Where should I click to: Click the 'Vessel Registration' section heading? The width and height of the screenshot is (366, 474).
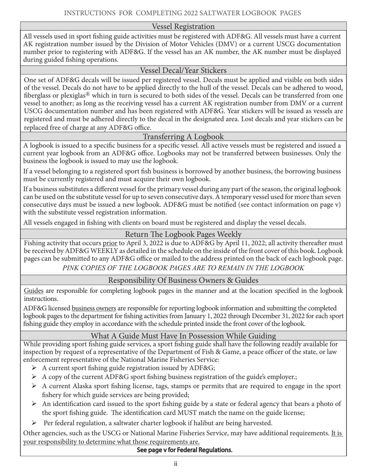[183, 27]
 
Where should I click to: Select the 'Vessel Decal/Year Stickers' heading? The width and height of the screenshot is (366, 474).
[183, 70]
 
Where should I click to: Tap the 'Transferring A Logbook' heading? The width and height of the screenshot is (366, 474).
[183, 137]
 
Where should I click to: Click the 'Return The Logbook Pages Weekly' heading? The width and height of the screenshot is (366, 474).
[183, 234]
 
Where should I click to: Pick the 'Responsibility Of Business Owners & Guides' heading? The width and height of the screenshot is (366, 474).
[183, 280]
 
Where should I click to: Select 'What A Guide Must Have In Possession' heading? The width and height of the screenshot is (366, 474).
[183, 336]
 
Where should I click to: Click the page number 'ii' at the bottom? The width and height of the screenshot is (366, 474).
[175, 464]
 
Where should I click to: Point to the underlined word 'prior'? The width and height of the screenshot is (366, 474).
[109, 243]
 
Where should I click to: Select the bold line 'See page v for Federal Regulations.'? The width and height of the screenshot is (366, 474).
[185, 450]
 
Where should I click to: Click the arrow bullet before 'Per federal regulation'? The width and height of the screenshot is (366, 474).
[34, 423]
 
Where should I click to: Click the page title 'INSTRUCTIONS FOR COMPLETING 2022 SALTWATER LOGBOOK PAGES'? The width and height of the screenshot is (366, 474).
[182, 13]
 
